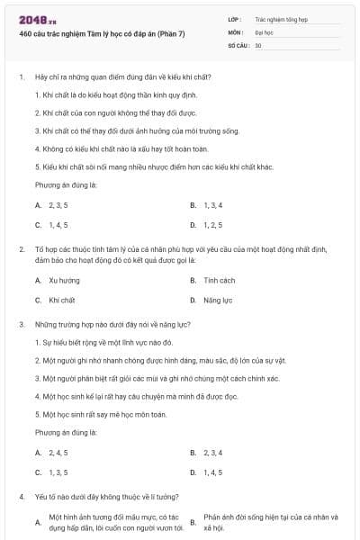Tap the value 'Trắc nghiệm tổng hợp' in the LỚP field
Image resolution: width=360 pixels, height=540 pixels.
click(x=280, y=17)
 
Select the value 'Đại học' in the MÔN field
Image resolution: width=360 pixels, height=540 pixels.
click(x=264, y=31)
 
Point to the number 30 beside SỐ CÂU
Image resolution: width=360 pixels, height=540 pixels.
click(x=258, y=44)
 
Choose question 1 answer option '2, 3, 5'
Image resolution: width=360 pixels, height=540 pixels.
click(x=58, y=205)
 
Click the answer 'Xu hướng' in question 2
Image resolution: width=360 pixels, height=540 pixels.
click(x=64, y=280)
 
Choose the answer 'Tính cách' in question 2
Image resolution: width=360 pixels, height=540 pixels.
click(x=219, y=280)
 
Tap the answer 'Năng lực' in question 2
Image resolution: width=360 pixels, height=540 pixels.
click(x=218, y=300)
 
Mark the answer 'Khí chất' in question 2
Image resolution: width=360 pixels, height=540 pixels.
click(x=62, y=300)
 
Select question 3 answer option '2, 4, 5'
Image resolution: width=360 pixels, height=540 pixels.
click(x=58, y=452)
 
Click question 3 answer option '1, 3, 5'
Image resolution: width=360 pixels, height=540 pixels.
click(x=58, y=472)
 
